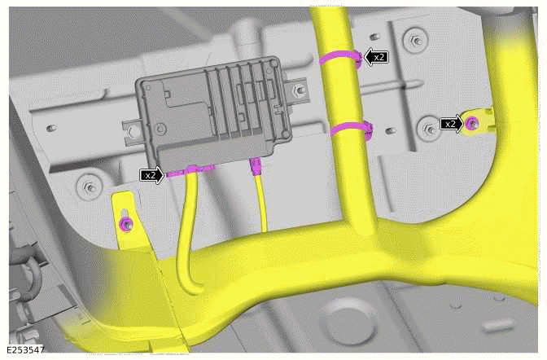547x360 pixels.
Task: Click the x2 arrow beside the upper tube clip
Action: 376,57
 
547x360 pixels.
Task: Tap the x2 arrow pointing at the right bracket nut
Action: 450,124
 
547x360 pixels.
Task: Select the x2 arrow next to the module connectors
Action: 151,174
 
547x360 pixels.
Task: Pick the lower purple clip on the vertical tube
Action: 348,127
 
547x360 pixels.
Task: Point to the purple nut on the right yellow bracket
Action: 471,123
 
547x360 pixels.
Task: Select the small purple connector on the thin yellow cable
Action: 256,168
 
